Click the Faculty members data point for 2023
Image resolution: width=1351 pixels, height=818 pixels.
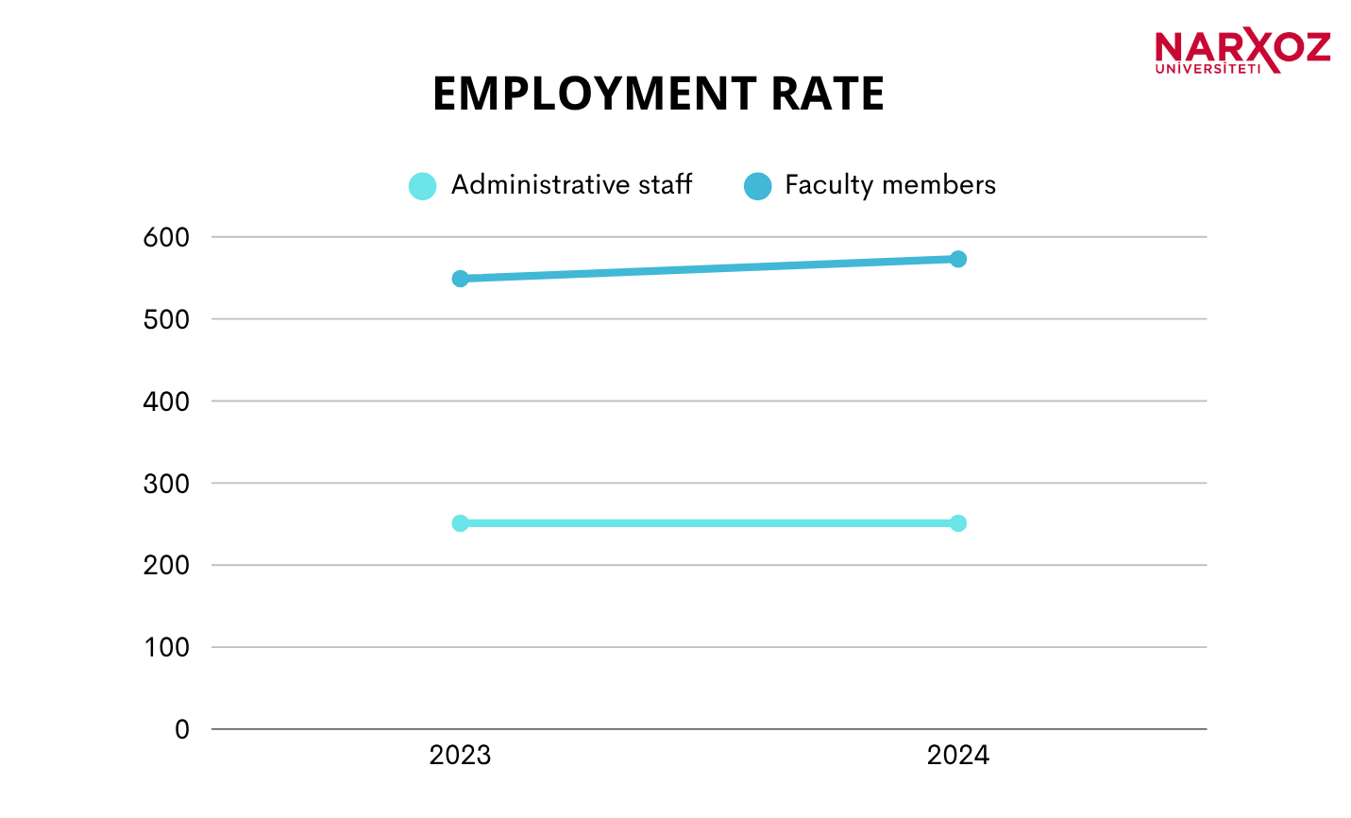click(x=460, y=279)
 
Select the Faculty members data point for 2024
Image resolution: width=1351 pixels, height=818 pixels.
click(x=957, y=259)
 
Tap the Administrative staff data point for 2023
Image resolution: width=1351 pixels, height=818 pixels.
click(x=460, y=523)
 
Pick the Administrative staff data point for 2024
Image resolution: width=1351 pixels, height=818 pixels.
click(x=957, y=523)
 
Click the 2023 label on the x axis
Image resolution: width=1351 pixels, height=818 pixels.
click(x=460, y=756)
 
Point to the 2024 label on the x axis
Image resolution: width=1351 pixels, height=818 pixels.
click(x=957, y=756)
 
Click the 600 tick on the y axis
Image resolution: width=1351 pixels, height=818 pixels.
click(x=166, y=238)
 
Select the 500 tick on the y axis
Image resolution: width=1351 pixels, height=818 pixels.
click(x=166, y=320)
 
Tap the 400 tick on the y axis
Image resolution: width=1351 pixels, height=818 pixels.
click(x=166, y=401)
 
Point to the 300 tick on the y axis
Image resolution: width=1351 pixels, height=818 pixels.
click(x=166, y=484)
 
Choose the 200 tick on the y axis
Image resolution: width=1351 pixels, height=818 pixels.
click(x=166, y=566)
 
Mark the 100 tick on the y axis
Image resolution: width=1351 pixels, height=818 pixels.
click(x=166, y=648)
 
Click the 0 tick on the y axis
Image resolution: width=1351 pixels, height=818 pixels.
click(x=181, y=730)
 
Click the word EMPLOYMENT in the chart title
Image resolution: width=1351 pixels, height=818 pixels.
click(x=594, y=94)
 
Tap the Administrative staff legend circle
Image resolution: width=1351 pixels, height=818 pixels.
click(x=422, y=186)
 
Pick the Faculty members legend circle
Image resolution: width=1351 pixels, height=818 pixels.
click(x=757, y=186)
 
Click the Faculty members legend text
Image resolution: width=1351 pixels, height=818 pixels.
click(x=889, y=185)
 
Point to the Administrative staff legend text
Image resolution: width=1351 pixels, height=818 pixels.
click(x=571, y=185)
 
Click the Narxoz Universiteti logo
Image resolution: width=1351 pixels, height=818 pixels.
click(x=1241, y=51)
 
